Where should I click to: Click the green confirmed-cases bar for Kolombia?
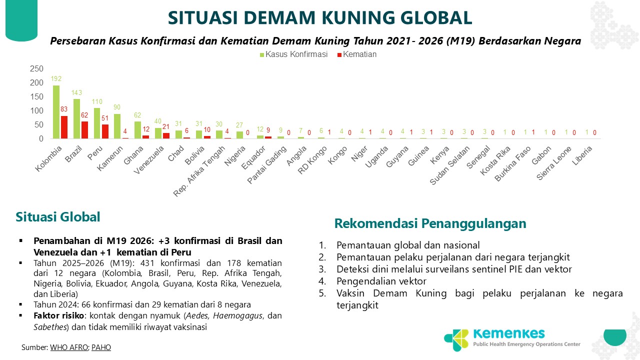click(56, 112)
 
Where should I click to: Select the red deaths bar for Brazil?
click(84, 130)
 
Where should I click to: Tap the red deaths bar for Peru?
click(105, 131)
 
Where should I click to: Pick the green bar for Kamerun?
click(117, 126)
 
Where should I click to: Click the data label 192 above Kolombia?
click(56, 78)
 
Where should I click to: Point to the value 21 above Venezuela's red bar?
click(166, 126)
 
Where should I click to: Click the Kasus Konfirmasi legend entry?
click(293, 54)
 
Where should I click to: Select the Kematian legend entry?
click(357, 54)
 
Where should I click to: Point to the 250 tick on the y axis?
click(36, 68)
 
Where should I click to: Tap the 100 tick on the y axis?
click(36, 110)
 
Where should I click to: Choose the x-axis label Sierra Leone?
click(554, 163)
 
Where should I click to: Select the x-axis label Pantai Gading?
click(266, 165)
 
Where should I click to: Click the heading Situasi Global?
click(57, 217)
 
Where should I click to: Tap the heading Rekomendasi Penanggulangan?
click(430, 223)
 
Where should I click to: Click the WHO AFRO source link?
click(69, 347)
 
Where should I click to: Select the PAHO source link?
click(101, 347)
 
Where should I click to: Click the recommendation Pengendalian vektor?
click(381, 281)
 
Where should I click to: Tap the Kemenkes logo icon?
click(456, 339)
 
